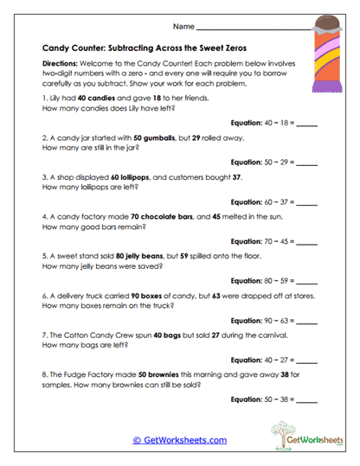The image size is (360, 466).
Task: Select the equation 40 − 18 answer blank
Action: coord(306,123)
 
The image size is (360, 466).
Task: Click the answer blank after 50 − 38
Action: coord(306,399)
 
